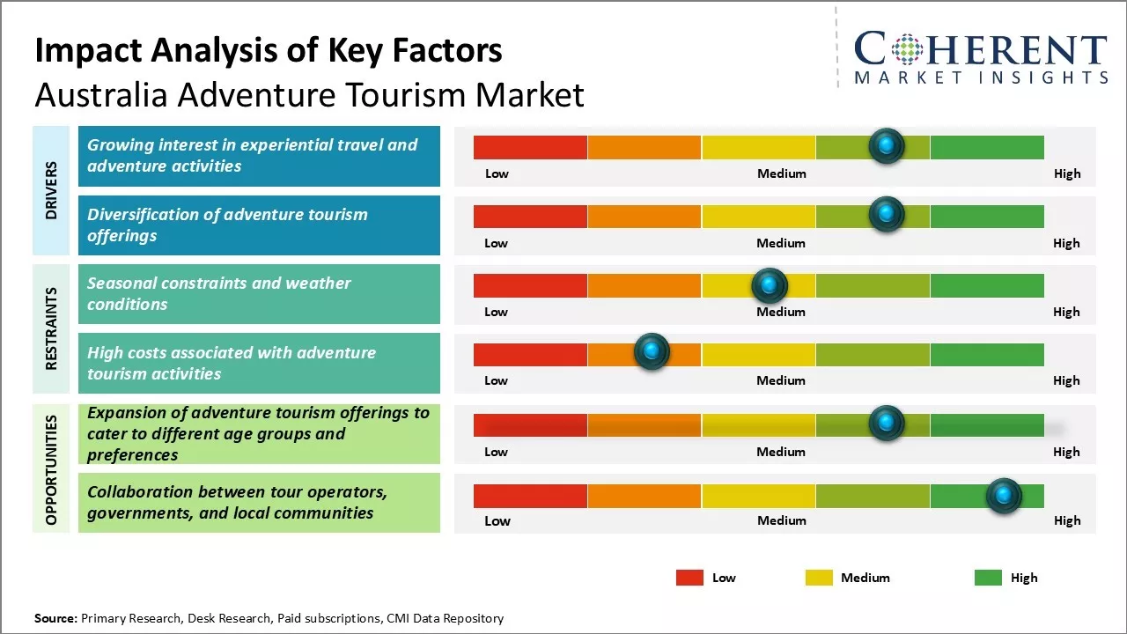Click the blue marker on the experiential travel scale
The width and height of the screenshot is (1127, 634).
[887, 146]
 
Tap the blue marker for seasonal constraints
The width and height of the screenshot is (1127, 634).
[770, 285]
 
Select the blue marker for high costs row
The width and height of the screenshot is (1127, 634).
[652, 350]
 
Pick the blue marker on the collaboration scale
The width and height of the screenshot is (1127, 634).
[1004, 496]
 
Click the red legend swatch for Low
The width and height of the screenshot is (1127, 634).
[689, 578]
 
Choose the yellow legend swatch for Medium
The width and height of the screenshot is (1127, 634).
[819, 578]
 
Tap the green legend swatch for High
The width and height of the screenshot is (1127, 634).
[988, 578]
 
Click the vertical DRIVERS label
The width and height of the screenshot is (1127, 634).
[51, 190]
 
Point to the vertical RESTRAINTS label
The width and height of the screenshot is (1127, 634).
[51, 328]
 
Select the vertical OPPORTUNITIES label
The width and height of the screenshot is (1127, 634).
[51, 470]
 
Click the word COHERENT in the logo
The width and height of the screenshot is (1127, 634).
[981, 48]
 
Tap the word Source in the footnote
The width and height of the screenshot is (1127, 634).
[55, 618]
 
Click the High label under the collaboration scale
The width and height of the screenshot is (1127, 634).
[1067, 520]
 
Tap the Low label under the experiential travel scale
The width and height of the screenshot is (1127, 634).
[497, 173]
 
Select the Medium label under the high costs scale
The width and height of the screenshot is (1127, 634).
[781, 380]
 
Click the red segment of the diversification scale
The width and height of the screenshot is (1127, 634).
[530, 217]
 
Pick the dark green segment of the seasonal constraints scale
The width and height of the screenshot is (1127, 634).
[987, 286]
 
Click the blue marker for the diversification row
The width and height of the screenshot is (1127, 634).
[887, 214]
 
